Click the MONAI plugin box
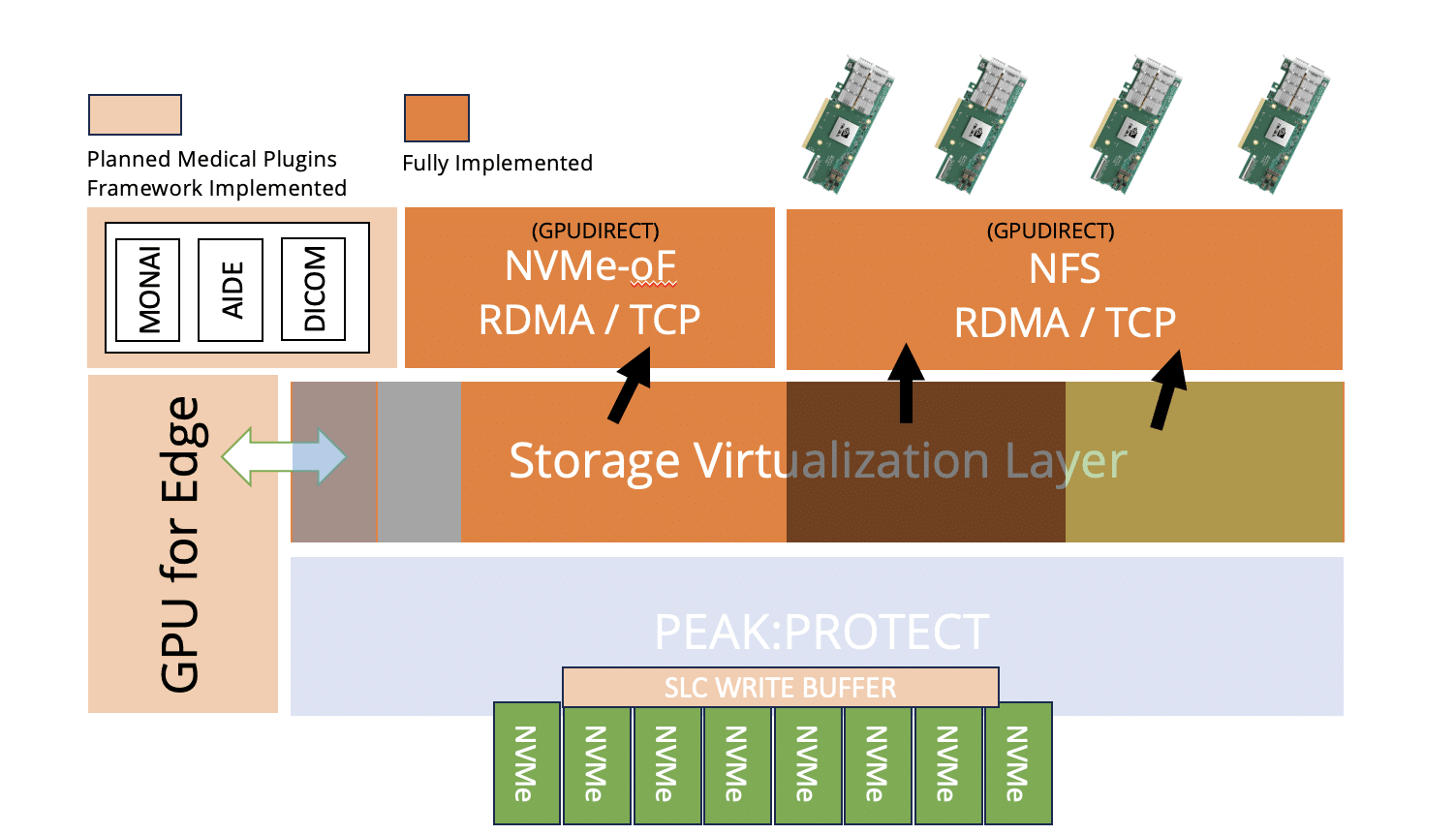coord(147,290)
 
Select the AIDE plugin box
coord(231,290)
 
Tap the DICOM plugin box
coord(313,290)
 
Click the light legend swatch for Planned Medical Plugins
coord(135,114)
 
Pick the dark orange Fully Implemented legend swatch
coord(436,118)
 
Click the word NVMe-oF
coord(589,266)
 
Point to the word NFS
coord(1064,269)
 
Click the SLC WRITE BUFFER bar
coord(780,688)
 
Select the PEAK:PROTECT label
coord(821,633)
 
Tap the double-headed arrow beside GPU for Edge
coord(284,455)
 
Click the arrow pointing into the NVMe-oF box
coord(631,385)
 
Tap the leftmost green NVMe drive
coord(526,763)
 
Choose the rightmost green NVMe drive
coord(1017,763)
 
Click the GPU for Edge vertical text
coord(181,544)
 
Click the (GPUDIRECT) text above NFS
coord(1050,232)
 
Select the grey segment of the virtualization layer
coord(418,462)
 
